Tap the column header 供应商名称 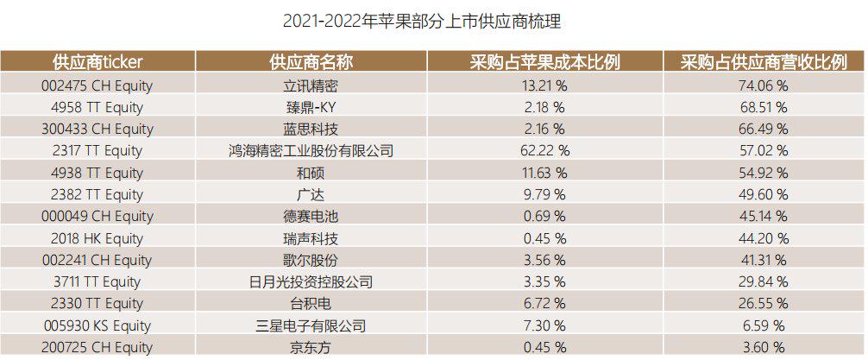tap(311, 62)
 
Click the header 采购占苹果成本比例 tap(544, 62)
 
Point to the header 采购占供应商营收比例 tap(764, 62)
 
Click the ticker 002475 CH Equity tap(97, 85)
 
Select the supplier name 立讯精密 tap(311, 85)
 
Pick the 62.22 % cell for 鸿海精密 tap(544, 151)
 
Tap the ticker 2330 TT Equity tap(97, 303)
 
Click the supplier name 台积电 tap(311, 303)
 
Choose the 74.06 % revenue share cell tap(764, 85)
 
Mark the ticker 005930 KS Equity tap(97, 325)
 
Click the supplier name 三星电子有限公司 tap(311, 325)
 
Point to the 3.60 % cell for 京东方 tap(764, 347)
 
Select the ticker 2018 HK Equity tap(97, 238)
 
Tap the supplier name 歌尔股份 tap(311, 260)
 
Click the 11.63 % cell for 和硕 tap(544, 173)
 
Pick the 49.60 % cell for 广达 tap(764, 194)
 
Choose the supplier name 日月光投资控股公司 tap(311, 281)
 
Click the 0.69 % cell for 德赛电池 tap(544, 216)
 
